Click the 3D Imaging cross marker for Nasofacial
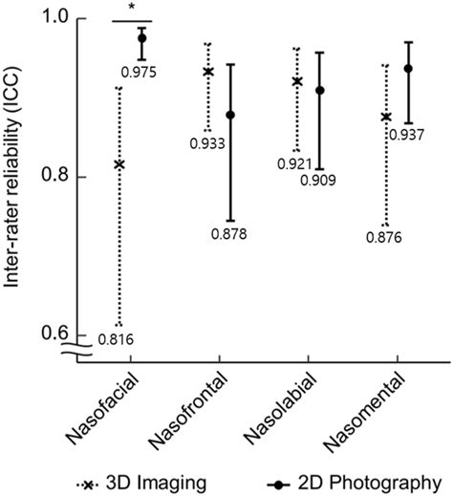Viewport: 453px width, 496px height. pos(119,164)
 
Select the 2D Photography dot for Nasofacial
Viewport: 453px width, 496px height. pos(142,38)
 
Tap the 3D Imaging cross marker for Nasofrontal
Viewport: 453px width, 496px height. pos(208,72)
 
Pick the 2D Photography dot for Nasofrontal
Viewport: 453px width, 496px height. pos(231,115)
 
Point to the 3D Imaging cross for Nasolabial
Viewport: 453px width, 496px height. pos(297,81)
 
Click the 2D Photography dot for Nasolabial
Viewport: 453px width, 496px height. pos(320,91)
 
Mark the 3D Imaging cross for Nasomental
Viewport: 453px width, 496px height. pos(386,118)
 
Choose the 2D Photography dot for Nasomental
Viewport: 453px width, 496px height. pos(408,69)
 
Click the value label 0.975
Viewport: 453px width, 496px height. pos(139,73)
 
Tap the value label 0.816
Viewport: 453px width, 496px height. pos(116,339)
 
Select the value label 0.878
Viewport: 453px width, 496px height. pos(229,234)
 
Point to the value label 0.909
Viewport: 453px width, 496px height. pos(318,181)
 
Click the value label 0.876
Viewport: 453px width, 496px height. pos(384,238)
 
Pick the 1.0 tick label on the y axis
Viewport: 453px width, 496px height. pos(56,17)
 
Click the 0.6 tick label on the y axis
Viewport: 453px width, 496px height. pos(55,333)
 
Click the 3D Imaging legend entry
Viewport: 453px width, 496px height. pos(141,485)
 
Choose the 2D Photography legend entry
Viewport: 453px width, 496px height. pos(355,485)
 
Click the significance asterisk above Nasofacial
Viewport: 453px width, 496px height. pos(132,8)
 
